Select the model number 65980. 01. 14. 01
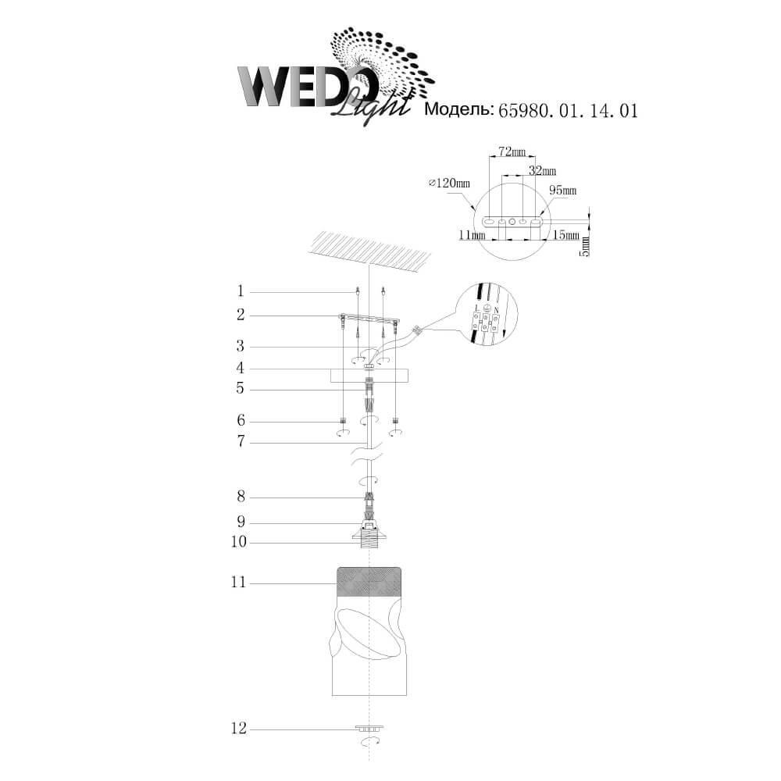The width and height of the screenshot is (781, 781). (569, 110)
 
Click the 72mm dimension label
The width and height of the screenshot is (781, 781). (512, 152)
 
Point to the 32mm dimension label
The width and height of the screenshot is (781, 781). (543, 171)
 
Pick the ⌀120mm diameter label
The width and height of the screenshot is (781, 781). (449, 184)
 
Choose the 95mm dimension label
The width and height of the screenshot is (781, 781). (563, 191)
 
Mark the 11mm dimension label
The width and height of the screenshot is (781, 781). (472, 234)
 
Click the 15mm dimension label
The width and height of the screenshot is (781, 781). (566, 234)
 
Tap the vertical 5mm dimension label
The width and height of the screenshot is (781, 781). (586, 247)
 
